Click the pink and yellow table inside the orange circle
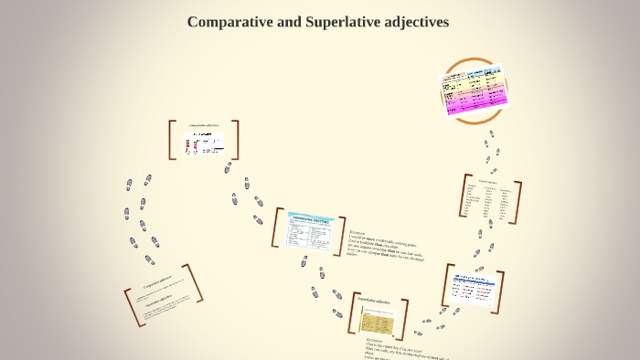pyautogui.click(x=474, y=90)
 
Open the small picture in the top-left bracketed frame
pyautogui.click(x=204, y=143)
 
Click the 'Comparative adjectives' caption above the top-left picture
pyautogui.click(x=204, y=125)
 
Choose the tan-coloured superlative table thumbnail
pyautogui.click(x=376, y=320)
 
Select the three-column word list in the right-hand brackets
pyautogui.click(x=491, y=201)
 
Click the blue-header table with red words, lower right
pyautogui.click(x=473, y=289)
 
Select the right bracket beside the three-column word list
pyautogui.click(x=518, y=203)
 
